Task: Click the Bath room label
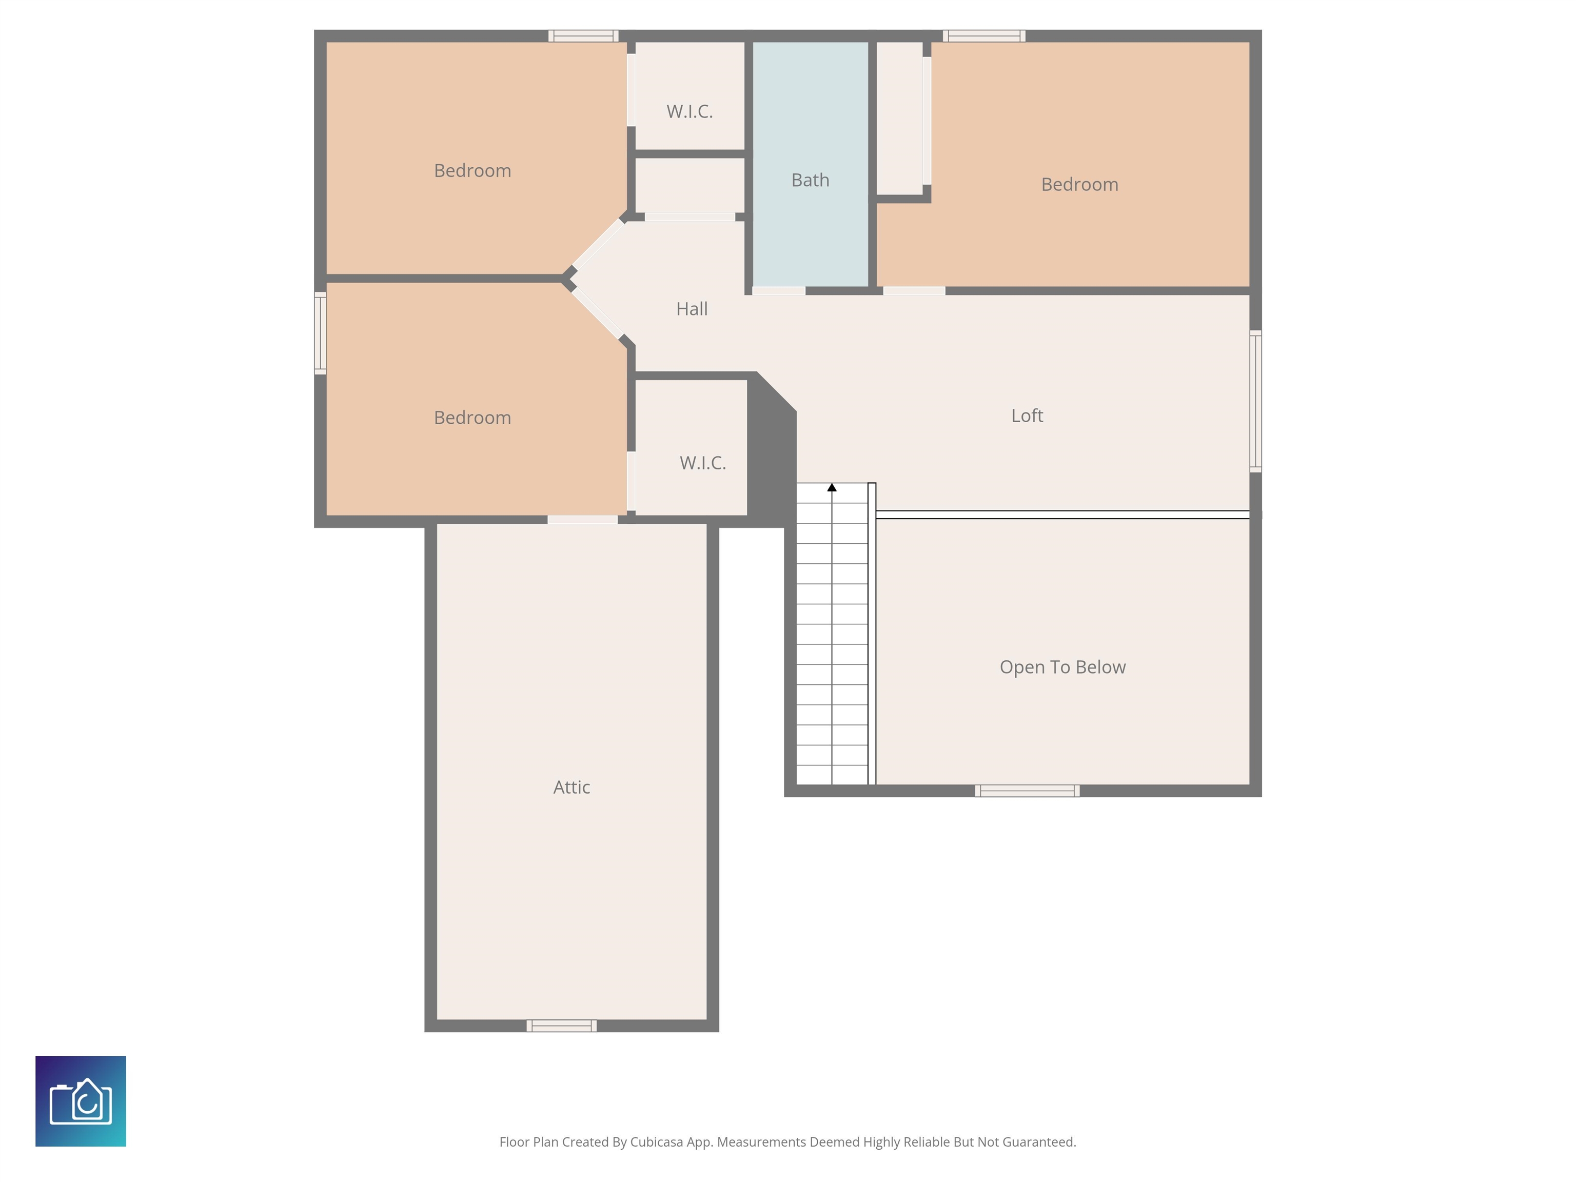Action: (x=810, y=180)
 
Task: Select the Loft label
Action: (x=1027, y=416)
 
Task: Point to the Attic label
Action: (x=572, y=787)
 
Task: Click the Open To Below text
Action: (x=1062, y=667)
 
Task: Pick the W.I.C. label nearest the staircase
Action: (x=702, y=463)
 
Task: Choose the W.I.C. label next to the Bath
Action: (x=689, y=112)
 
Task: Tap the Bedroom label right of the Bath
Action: (x=1079, y=185)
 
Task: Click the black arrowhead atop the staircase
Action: (x=832, y=487)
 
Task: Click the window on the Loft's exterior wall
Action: (x=1255, y=401)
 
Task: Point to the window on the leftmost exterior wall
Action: (x=321, y=333)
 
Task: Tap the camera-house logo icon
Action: (x=81, y=1101)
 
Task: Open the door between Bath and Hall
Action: (x=779, y=291)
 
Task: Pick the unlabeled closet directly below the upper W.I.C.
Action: (x=689, y=185)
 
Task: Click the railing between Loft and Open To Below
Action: (x=1062, y=515)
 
